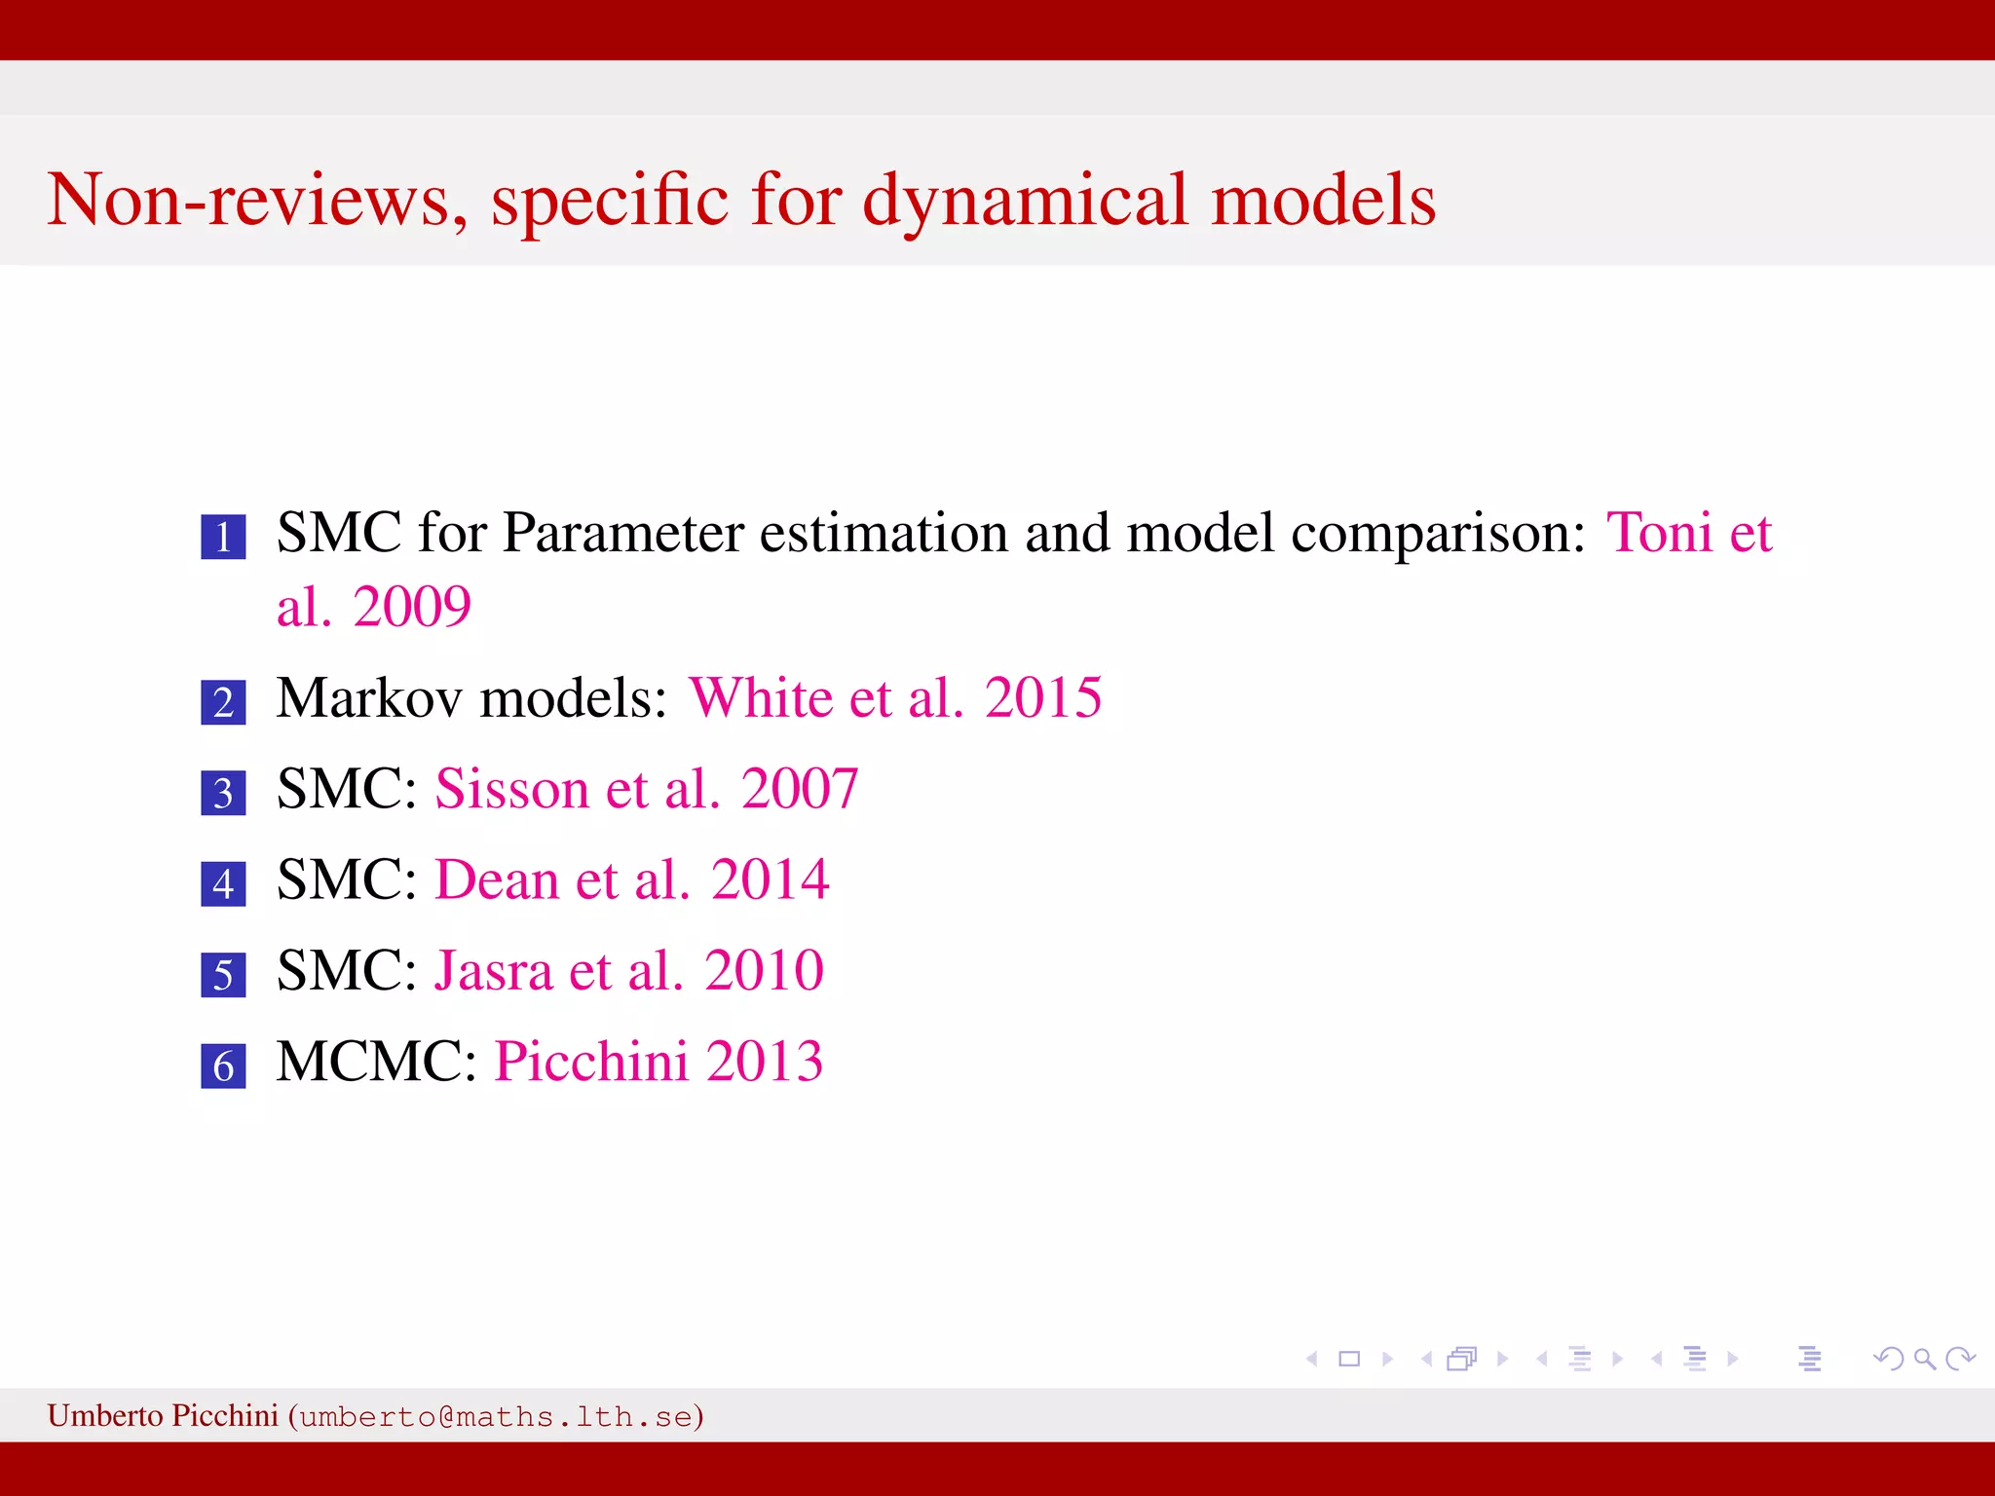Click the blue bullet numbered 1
pos(223,537)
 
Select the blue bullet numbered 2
pos(223,702)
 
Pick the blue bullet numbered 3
pos(223,793)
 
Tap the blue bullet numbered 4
pos(223,883)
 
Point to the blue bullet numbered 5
pos(223,975)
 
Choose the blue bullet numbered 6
pos(223,1066)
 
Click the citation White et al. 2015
pos(894,697)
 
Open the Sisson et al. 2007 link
pos(646,788)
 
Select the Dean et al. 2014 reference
pos(631,879)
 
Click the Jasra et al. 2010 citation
pos(628,970)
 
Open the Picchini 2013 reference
pos(659,1061)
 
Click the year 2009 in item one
pos(412,607)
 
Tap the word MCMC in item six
pos(375,1061)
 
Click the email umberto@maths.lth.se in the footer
pos(496,1416)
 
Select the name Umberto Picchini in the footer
pos(163,1415)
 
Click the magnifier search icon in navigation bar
pos(1924,1358)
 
